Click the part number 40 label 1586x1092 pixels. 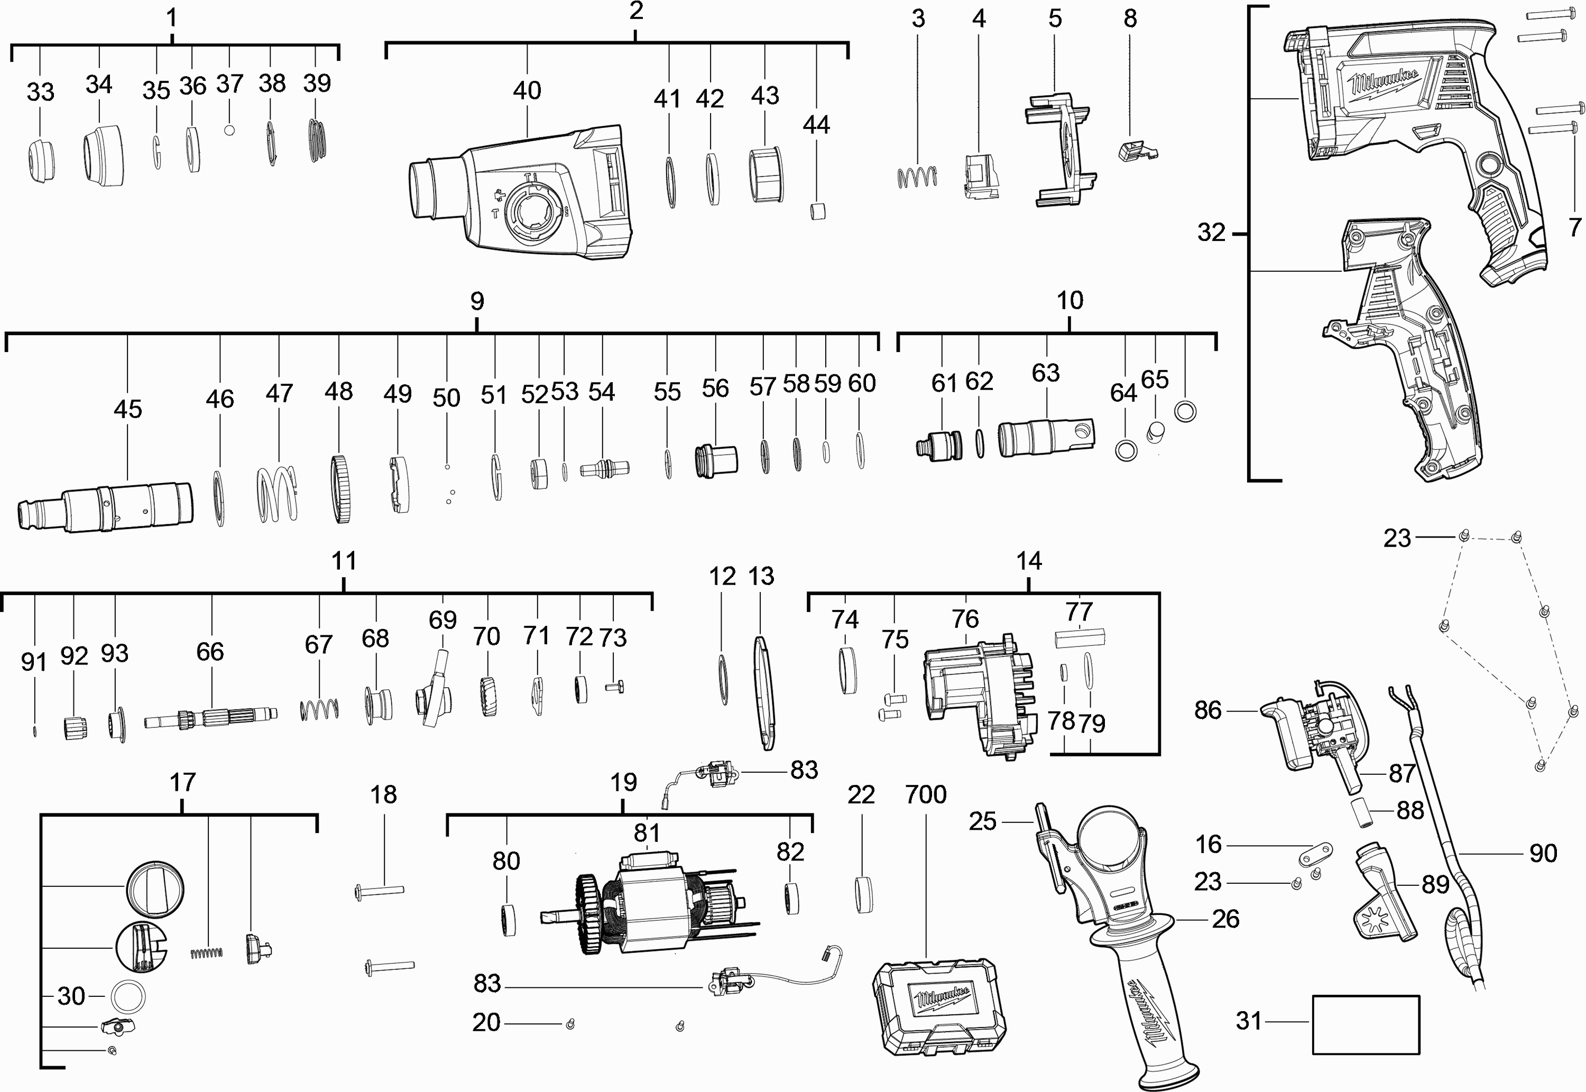[527, 90]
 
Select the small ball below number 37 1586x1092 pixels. [230, 129]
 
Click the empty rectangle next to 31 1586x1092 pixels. [1365, 1024]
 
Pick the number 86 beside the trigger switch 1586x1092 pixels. [1207, 710]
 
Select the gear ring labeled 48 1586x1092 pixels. [340, 489]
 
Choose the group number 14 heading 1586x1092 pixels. [1028, 561]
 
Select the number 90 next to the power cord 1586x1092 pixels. [1543, 853]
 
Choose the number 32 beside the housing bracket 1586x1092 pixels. [1211, 233]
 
